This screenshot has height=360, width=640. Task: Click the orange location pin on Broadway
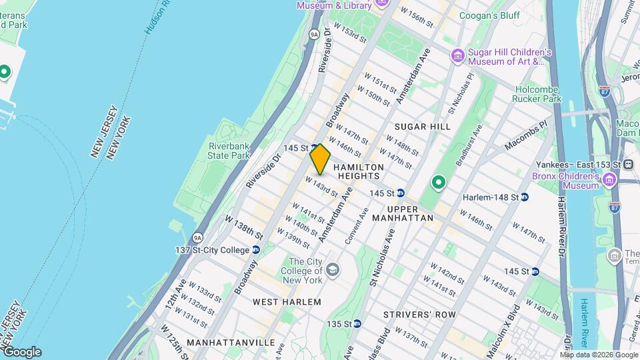[320, 159]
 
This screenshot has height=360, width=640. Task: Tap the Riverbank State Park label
[229, 151]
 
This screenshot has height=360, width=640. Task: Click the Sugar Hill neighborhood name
[422, 127]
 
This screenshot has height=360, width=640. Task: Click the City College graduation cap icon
[333, 270]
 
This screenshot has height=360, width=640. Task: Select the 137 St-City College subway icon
[256, 250]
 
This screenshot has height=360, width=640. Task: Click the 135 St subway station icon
[357, 324]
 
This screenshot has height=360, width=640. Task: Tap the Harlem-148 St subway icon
[525, 197]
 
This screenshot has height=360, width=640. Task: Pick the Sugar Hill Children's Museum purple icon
[457, 55]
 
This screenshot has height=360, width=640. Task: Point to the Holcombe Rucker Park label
[537, 94]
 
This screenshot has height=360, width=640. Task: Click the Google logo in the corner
[21, 352]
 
